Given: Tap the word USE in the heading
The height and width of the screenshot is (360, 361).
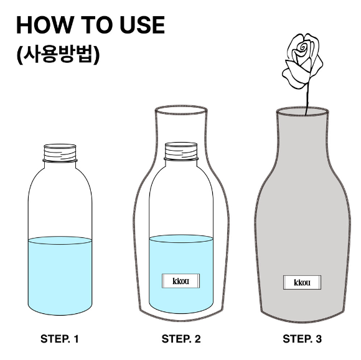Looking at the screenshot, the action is tap(143, 25).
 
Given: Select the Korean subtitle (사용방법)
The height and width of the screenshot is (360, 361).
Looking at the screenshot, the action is tap(58, 55).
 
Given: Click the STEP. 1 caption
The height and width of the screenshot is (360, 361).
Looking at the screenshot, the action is tap(60, 339).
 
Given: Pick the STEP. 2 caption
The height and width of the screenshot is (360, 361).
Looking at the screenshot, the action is tap(181, 339).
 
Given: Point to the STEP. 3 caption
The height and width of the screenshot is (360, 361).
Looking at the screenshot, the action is tap(302, 339).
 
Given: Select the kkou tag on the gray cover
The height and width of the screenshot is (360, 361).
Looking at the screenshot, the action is tap(302, 282).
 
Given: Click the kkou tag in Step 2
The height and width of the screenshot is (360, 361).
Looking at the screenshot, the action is tap(180, 281).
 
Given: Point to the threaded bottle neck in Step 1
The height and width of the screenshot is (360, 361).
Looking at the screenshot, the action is tap(60, 153).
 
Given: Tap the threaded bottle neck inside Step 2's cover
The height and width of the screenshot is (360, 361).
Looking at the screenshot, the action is tap(181, 151).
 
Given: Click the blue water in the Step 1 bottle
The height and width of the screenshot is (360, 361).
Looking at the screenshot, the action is tap(60, 276).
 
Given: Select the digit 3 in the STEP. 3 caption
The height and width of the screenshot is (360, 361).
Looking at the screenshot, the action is tap(319, 339).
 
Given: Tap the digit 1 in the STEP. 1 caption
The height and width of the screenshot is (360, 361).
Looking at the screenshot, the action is tap(76, 339).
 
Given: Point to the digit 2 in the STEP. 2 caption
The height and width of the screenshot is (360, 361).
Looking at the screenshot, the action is tap(197, 339).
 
